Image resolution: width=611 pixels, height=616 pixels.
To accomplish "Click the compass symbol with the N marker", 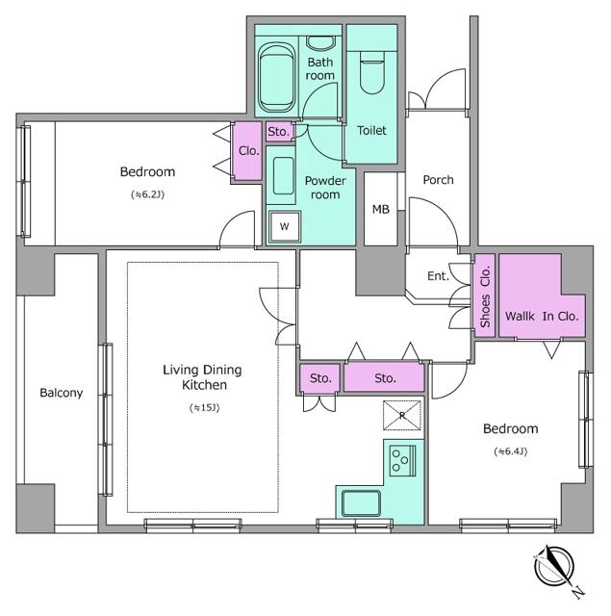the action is coord(554,567).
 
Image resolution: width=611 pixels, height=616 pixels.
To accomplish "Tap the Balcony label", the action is coord(62,393).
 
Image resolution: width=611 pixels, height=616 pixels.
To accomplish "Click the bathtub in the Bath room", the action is coord(276,79).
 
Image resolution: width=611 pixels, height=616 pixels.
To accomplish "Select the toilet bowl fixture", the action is coord(371,72).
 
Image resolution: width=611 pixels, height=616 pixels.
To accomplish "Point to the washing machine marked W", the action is coord(285,226).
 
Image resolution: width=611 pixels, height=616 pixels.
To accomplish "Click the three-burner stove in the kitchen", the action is coord(402,460).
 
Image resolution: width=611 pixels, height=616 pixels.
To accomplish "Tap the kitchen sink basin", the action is coord(361,503).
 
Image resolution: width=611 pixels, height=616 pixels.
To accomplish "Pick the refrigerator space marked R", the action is coord(401,415).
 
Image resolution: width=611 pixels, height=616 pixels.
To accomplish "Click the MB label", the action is coord(380,210).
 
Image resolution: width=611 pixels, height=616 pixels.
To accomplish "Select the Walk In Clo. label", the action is coord(542,317).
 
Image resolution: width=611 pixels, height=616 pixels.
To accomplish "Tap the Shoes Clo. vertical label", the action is coord(485,296).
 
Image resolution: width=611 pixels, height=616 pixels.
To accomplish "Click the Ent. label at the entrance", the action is coord(438,276).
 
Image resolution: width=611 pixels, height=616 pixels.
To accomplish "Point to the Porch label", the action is coord(438,180).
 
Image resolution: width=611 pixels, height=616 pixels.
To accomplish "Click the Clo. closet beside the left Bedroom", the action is coord(247,151).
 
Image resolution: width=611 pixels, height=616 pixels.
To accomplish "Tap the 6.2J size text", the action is coord(147,194).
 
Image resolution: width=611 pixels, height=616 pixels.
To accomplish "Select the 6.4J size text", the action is coord(511,451).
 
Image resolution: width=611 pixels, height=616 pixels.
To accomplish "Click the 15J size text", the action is coord(204,408).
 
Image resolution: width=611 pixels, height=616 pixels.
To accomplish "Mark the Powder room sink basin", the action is coord(284,175).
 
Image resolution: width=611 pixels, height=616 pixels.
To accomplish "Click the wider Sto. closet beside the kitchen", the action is coord(385,378).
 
